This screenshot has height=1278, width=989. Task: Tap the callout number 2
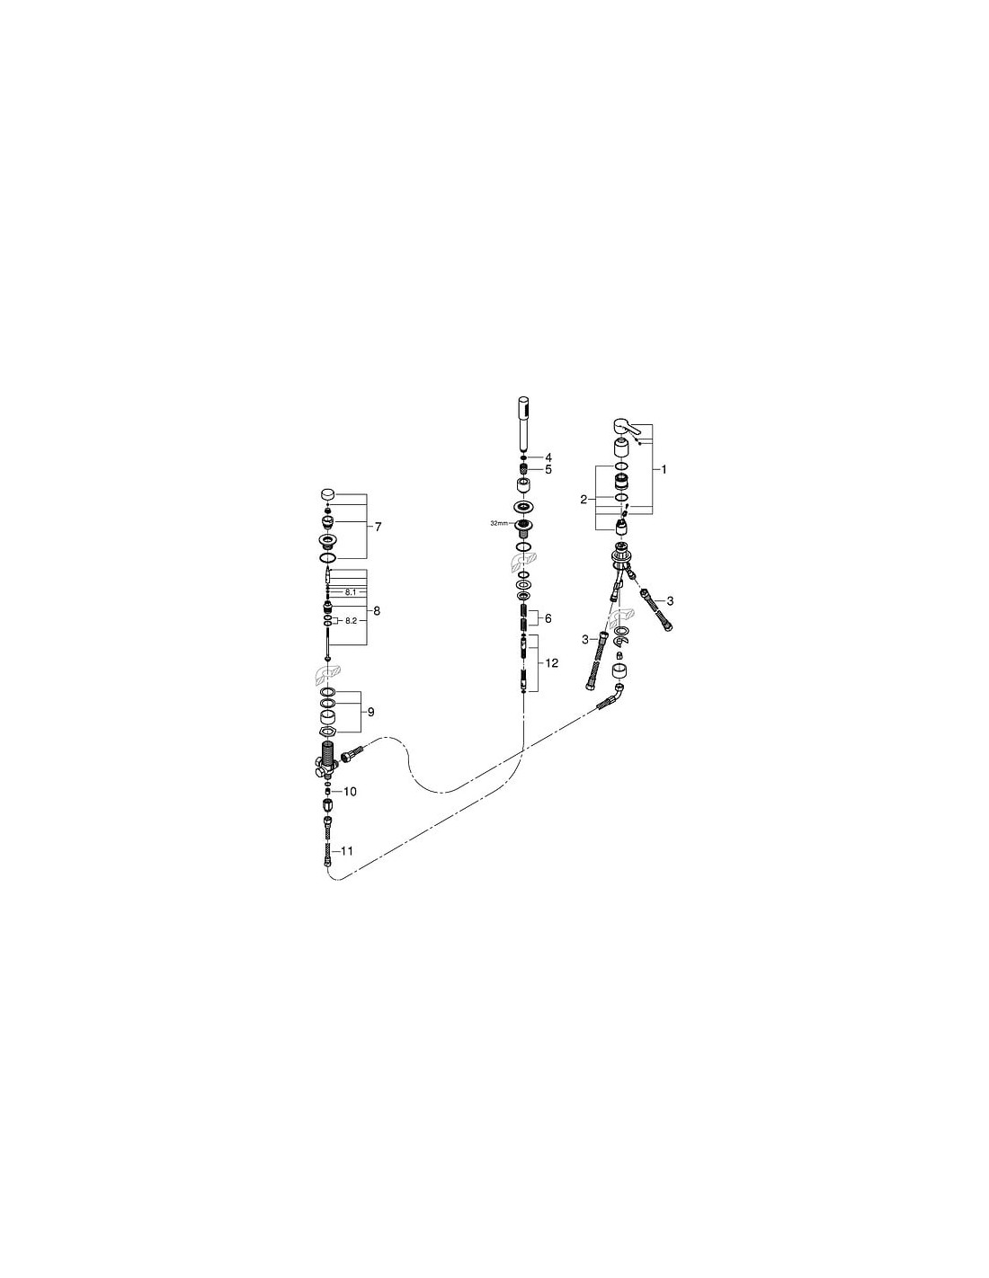[x=583, y=500]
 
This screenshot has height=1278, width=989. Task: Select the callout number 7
[x=378, y=527]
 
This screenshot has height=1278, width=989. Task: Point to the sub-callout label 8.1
[x=351, y=592]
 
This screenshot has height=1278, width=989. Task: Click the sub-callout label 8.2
[x=351, y=620]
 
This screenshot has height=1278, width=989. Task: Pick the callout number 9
[x=370, y=712]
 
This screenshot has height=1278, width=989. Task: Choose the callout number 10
[x=350, y=792]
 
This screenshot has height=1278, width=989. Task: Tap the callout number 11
[x=347, y=850]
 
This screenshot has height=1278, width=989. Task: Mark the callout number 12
[x=551, y=663]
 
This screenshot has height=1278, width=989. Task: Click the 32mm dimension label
[x=498, y=523]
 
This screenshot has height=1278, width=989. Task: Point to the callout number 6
[x=548, y=618]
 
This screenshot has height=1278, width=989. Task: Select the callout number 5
[x=548, y=470]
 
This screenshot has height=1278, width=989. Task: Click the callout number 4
[x=548, y=457]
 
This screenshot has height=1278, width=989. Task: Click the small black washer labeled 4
[x=522, y=457]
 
